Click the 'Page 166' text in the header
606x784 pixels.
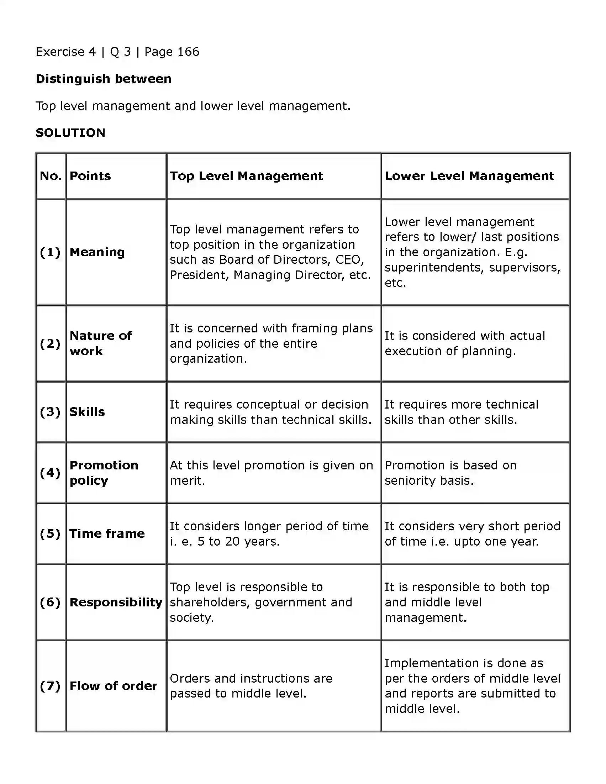tap(172, 52)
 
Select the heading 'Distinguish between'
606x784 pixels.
tap(104, 79)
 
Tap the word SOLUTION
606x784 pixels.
tap(70, 133)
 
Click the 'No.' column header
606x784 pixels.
tap(51, 176)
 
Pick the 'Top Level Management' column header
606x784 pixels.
tap(246, 176)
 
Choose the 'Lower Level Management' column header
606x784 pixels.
tap(469, 176)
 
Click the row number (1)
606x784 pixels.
tap(50, 252)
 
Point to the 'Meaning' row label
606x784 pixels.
tap(97, 252)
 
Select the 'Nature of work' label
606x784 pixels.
tap(100, 343)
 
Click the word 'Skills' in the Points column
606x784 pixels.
tap(87, 412)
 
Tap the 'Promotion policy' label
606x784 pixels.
tap(104, 473)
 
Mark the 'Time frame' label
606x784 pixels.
tap(107, 533)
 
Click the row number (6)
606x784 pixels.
tap(50, 602)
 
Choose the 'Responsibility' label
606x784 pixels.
tap(116, 602)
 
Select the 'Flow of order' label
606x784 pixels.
tap(113, 686)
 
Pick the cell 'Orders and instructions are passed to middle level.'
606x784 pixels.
tap(251, 686)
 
